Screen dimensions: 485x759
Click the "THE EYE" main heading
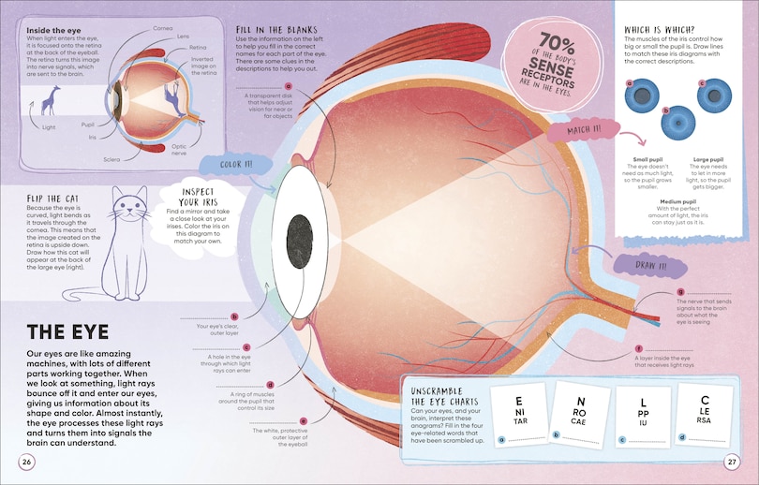tap(68, 331)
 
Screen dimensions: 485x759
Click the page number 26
tap(27, 461)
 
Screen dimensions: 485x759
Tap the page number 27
tap(732, 461)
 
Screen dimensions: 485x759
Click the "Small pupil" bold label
tap(636, 161)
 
